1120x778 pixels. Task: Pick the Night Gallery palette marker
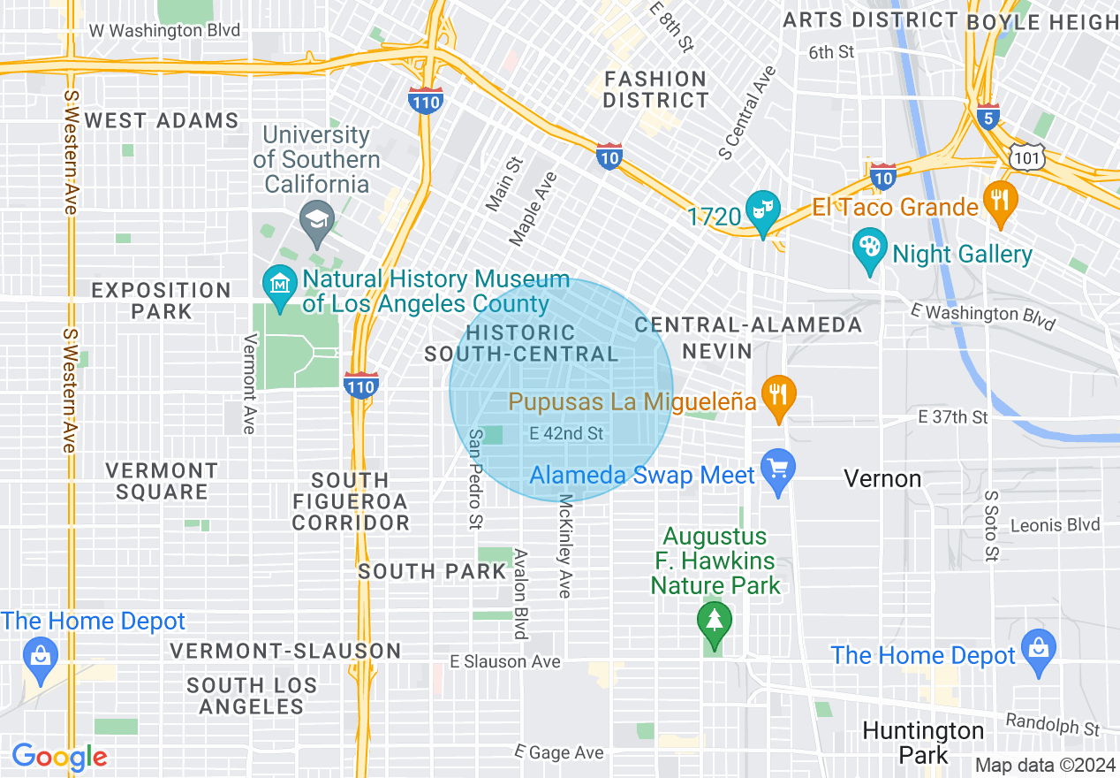pos(870,249)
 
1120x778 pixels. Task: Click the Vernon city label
pos(882,478)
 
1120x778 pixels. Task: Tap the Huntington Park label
pos(923,743)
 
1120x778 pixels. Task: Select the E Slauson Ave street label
pos(504,661)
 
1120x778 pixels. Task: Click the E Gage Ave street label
pos(559,752)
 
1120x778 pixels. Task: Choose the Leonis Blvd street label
pos(1056,525)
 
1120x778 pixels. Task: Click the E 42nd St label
pos(566,433)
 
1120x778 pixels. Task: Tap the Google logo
pos(59,757)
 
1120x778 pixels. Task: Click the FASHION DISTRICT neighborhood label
pos(655,89)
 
